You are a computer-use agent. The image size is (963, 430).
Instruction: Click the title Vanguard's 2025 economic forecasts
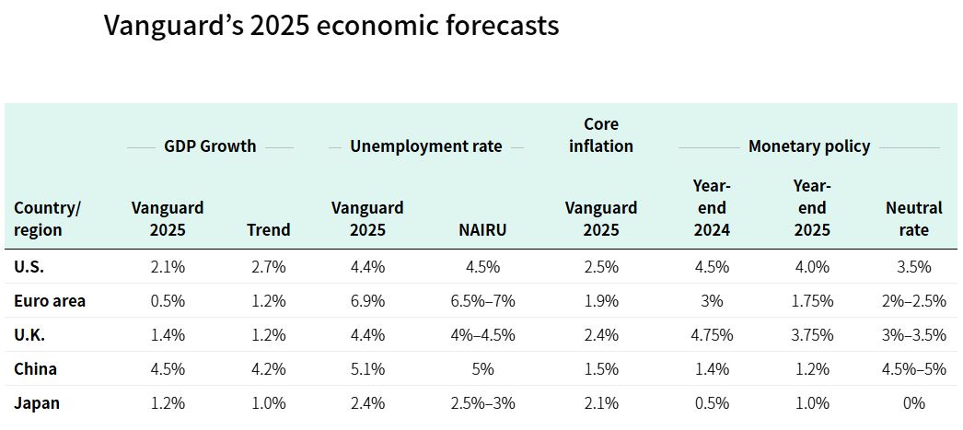click(331, 25)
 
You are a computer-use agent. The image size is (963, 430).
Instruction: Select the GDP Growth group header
click(210, 146)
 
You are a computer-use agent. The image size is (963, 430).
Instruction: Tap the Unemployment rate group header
click(426, 146)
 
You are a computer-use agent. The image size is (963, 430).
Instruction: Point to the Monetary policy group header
click(808, 146)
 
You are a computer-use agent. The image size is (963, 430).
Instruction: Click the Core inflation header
click(601, 135)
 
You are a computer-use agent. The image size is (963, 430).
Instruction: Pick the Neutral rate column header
click(913, 219)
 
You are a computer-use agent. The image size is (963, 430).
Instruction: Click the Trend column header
click(268, 230)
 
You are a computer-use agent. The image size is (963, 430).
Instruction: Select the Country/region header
click(48, 219)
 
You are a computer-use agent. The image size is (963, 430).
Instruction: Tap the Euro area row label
click(50, 301)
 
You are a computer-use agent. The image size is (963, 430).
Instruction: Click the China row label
click(35, 369)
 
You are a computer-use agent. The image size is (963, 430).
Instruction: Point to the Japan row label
click(37, 403)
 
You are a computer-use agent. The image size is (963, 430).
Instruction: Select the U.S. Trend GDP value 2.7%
click(268, 267)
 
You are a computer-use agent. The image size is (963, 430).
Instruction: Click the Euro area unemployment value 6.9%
click(367, 301)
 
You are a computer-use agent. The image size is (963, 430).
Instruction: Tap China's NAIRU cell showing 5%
click(482, 369)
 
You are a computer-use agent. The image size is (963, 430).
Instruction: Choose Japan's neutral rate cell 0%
click(913, 403)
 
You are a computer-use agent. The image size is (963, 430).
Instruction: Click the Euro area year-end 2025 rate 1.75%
click(811, 301)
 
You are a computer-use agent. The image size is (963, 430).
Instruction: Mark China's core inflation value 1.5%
click(601, 369)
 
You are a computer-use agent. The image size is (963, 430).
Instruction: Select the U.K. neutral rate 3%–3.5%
click(913, 335)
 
